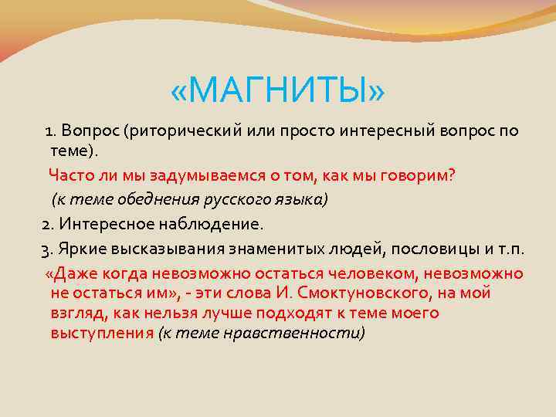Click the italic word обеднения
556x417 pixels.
pyautogui.click(x=159, y=199)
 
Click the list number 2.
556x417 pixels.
pyautogui.click(x=46, y=224)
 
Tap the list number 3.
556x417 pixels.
pyautogui.click(x=46, y=249)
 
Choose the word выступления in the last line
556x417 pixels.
pyautogui.click(x=102, y=333)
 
